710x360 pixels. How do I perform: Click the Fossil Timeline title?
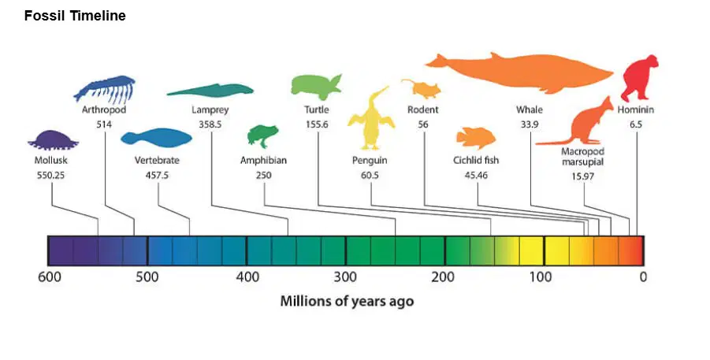[75, 16]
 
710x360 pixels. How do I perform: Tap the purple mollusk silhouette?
[53, 140]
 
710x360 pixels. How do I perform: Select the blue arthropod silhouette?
[105, 89]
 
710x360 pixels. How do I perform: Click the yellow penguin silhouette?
[371, 120]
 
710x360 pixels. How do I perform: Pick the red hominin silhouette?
[639, 77]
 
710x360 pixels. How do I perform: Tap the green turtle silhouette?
[316, 87]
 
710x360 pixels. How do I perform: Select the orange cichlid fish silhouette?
[476, 138]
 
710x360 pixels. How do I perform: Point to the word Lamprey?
[210, 110]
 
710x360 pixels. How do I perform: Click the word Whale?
[530, 109]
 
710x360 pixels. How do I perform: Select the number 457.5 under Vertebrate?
[157, 175]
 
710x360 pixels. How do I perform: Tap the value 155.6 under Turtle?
[317, 124]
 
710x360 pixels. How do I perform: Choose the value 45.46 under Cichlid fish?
[476, 175]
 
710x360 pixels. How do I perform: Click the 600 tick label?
[50, 276]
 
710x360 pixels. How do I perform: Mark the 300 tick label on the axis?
[345, 276]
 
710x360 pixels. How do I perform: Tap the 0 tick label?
[643, 276]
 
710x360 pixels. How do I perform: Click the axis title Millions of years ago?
[347, 301]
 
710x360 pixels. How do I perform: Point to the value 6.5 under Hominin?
[636, 124]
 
